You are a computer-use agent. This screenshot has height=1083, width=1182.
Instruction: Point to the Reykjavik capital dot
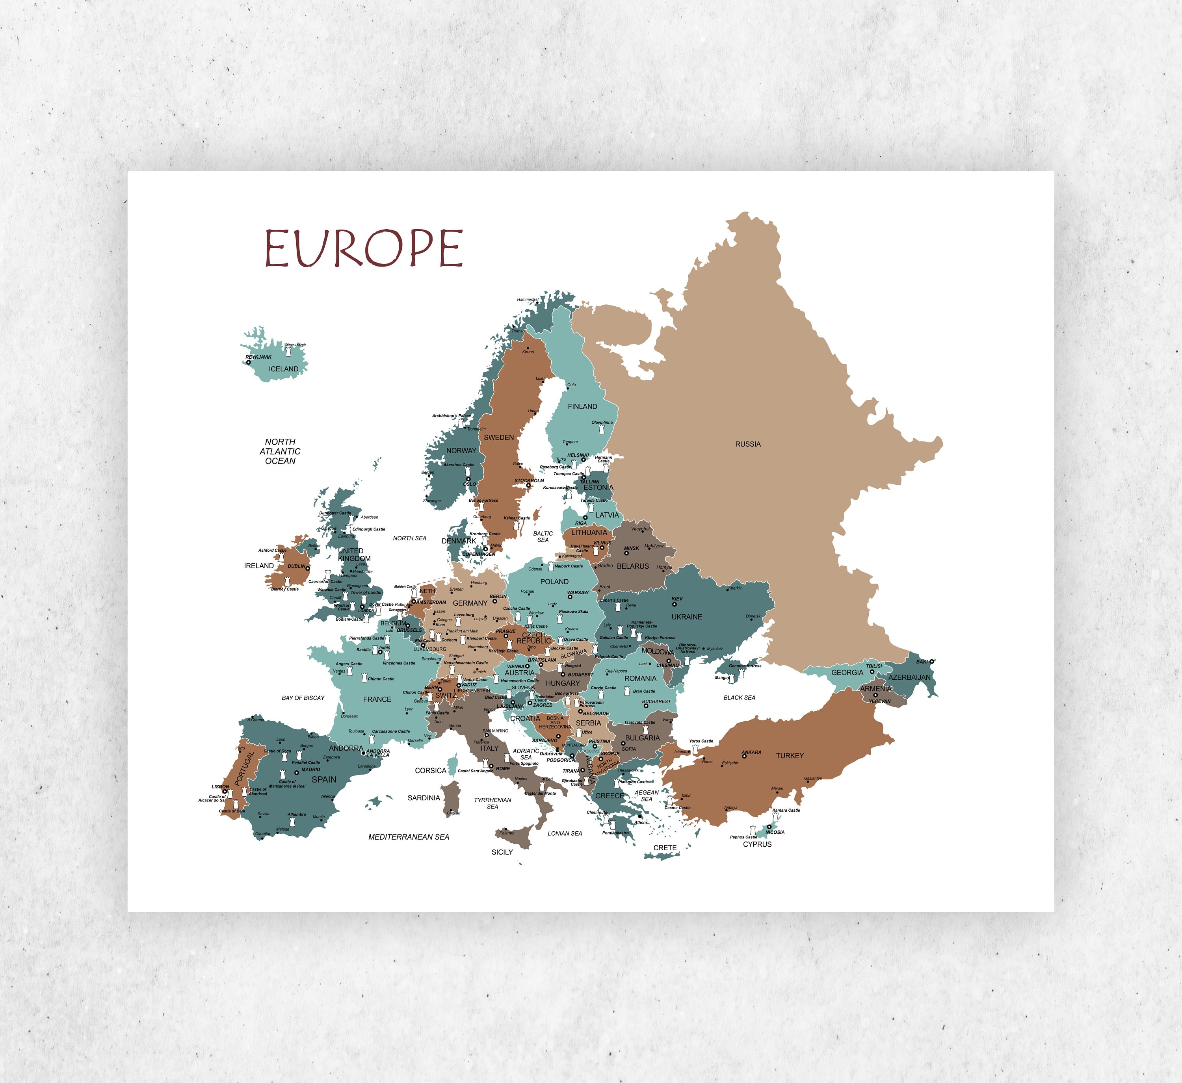249,363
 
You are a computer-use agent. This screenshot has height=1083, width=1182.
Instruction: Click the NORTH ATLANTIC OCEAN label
280,451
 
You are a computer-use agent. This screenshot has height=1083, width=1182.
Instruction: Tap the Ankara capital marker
745,757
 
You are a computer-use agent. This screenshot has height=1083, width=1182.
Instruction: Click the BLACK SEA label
739,698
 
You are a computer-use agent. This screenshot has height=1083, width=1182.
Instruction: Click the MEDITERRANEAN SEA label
409,837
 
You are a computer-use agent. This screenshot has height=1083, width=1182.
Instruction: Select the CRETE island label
665,848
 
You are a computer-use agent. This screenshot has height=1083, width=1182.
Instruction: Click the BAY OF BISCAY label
303,698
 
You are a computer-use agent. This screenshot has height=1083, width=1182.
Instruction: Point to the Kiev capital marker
674,605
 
